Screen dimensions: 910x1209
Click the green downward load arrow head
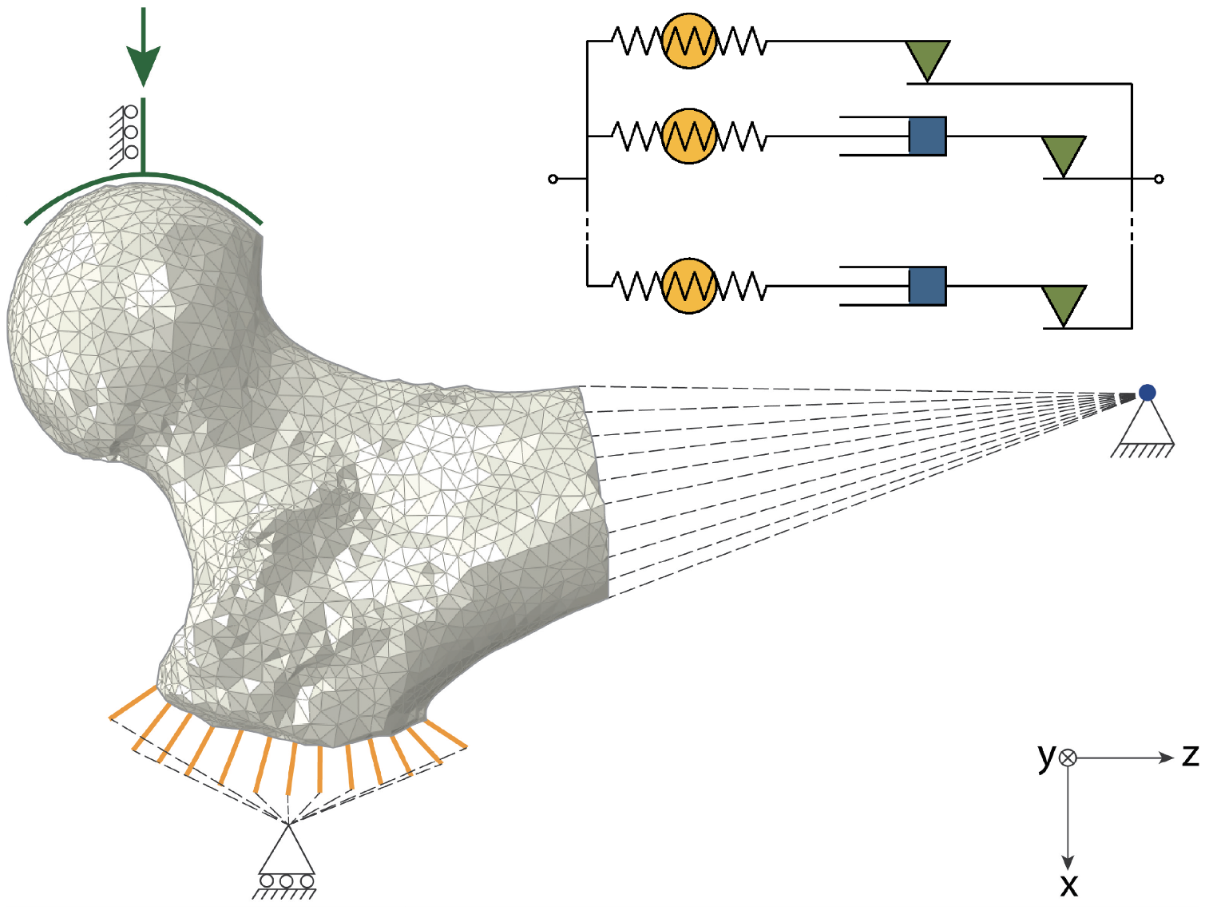tap(144, 64)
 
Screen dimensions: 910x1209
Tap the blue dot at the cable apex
tap(1148, 392)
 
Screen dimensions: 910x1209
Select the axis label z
tap(1191, 754)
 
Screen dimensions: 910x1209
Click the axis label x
tap(1068, 885)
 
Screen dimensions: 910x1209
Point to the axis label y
tap(1046, 755)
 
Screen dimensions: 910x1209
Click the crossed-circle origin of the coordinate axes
tap(1068, 758)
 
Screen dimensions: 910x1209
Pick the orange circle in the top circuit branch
tap(689, 41)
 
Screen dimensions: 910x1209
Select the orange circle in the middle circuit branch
tap(689, 136)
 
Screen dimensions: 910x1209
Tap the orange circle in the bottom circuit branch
tap(689, 286)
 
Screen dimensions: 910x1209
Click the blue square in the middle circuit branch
tap(927, 136)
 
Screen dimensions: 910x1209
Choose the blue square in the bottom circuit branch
tap(927, 286)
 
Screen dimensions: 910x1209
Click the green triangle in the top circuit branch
tap(927, 59)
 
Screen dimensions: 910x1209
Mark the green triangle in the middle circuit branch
tap(1064, 154)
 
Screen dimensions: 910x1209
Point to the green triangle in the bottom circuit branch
tap(1064, 304)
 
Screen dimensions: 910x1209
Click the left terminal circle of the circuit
tap(553, 179)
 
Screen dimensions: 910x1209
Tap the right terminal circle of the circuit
tap(1159, 179)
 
